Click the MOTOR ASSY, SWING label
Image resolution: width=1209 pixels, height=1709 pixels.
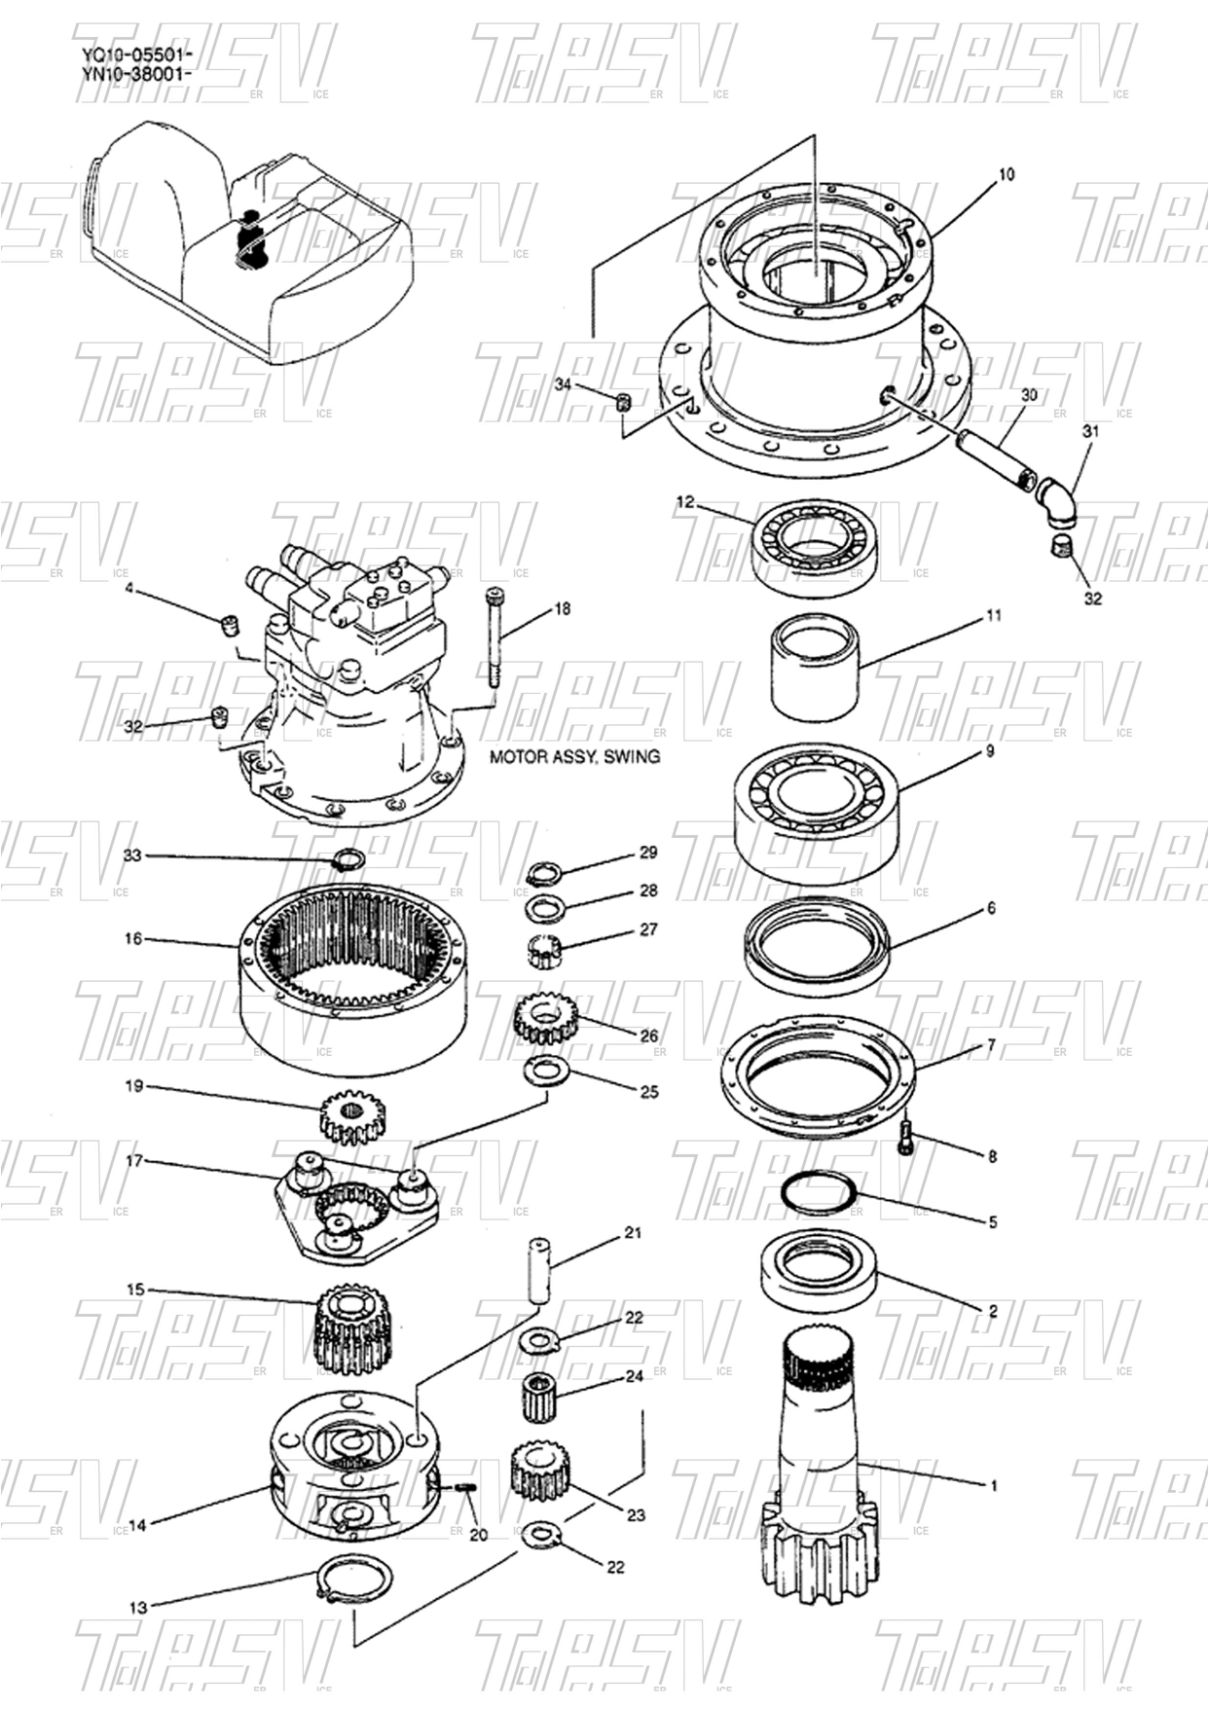pos(573,756)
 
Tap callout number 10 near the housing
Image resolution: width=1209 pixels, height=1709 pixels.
pos(1007,174)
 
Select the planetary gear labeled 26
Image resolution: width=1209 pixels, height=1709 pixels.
pos(543,1020)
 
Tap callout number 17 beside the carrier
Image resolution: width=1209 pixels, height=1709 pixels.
pos(134,1161)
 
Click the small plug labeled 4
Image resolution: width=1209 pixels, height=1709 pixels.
pos(231,623)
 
